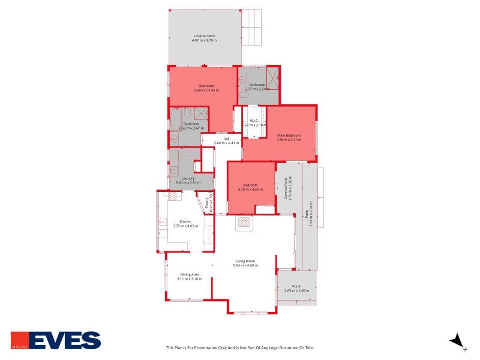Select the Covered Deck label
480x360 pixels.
(x=204, y=36)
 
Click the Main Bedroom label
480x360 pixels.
(x=289, y=135)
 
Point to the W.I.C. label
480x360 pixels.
(x=254, y=121)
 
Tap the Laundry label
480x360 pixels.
(x=190, y=178)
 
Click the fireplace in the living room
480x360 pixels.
(x=244, y=223)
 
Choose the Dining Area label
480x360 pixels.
(x=189, y=275)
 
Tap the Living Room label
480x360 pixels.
(x=245, y=261)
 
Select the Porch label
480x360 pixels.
(x=296, y=286)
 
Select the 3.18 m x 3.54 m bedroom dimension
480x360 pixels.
(x=251, y=190)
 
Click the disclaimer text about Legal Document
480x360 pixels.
(x=239, y=347)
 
